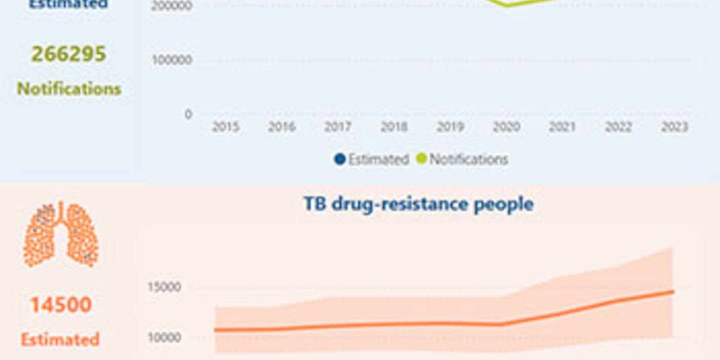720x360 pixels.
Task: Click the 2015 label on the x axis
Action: point(226,127)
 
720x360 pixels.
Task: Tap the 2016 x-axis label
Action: point(282,127)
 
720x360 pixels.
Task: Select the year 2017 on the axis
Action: point(338,127)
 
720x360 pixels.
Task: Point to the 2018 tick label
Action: point(394,127)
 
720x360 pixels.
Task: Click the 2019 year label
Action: point(450,127)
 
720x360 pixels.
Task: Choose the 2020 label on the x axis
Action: point(507,127)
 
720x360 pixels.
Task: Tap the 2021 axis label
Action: point(562,127)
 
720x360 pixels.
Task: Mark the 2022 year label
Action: point(619,127)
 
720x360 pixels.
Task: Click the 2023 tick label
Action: point(674,127)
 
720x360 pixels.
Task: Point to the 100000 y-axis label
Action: point(172,60)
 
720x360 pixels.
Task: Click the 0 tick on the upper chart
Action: point(188,115)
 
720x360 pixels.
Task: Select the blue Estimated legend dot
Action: point(339,159)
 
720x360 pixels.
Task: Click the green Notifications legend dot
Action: point(421,159)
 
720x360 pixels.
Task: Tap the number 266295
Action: point(69,54)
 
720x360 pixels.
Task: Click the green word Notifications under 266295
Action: point(69,89)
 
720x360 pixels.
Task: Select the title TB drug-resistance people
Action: point(418,204)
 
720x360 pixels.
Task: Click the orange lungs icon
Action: point(61,234)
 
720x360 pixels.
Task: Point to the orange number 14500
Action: point(61,305)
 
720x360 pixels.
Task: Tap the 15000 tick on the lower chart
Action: point(164,287)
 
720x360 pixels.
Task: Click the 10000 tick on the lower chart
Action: point(164,338)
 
